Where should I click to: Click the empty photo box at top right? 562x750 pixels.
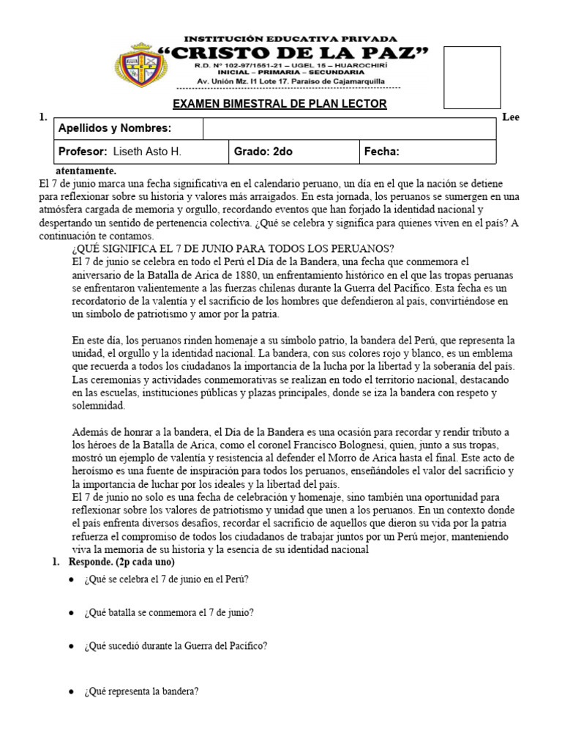(x=472, y=76)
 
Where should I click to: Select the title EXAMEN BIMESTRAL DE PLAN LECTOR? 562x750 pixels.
(x=279, y=105)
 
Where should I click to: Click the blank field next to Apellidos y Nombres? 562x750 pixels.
(x=348, y=129)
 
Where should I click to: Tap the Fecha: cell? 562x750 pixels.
(x=381, y=152)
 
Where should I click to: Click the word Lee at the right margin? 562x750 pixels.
(x=510, y=118)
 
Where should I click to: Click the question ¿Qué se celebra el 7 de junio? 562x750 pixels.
(x=166, y=579)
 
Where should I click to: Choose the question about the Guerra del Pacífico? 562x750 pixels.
(x=176, y=646)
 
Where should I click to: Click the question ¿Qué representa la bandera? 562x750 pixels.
(x=142, y=691)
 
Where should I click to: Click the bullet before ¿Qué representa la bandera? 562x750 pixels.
(x=70, y=691)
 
